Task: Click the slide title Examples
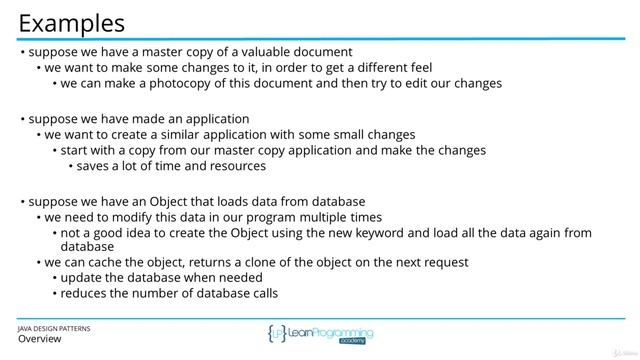(71, 22)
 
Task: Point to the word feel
(417, 67)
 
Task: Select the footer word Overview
(40, 339)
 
